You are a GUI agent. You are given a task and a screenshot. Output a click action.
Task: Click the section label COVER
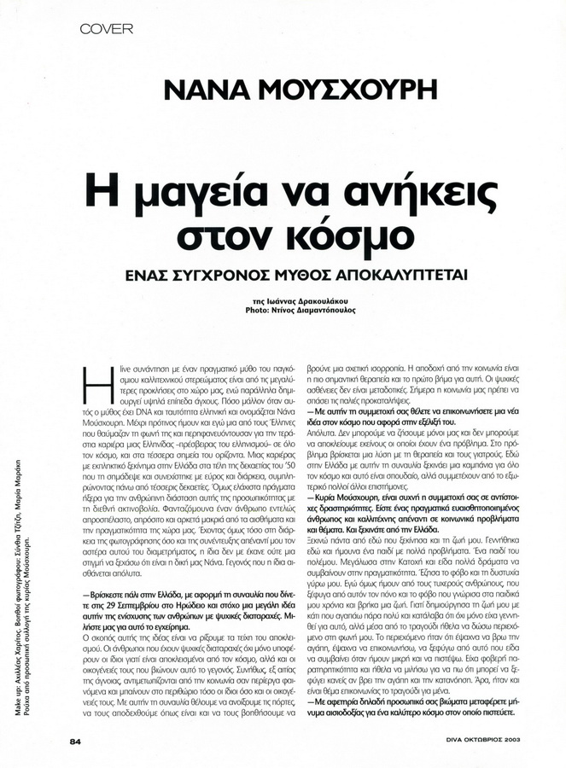[107, 29]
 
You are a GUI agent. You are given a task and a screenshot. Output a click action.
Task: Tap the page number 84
[74, 741]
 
